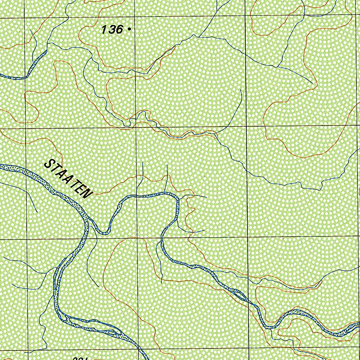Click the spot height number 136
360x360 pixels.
click(x=112, y=30)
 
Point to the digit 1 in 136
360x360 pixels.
click(x=104, y=30)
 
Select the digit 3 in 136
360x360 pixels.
click(x=111, y=30)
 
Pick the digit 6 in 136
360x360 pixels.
click(x=119, y=30)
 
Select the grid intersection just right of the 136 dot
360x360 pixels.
click(x=135, y=16)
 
